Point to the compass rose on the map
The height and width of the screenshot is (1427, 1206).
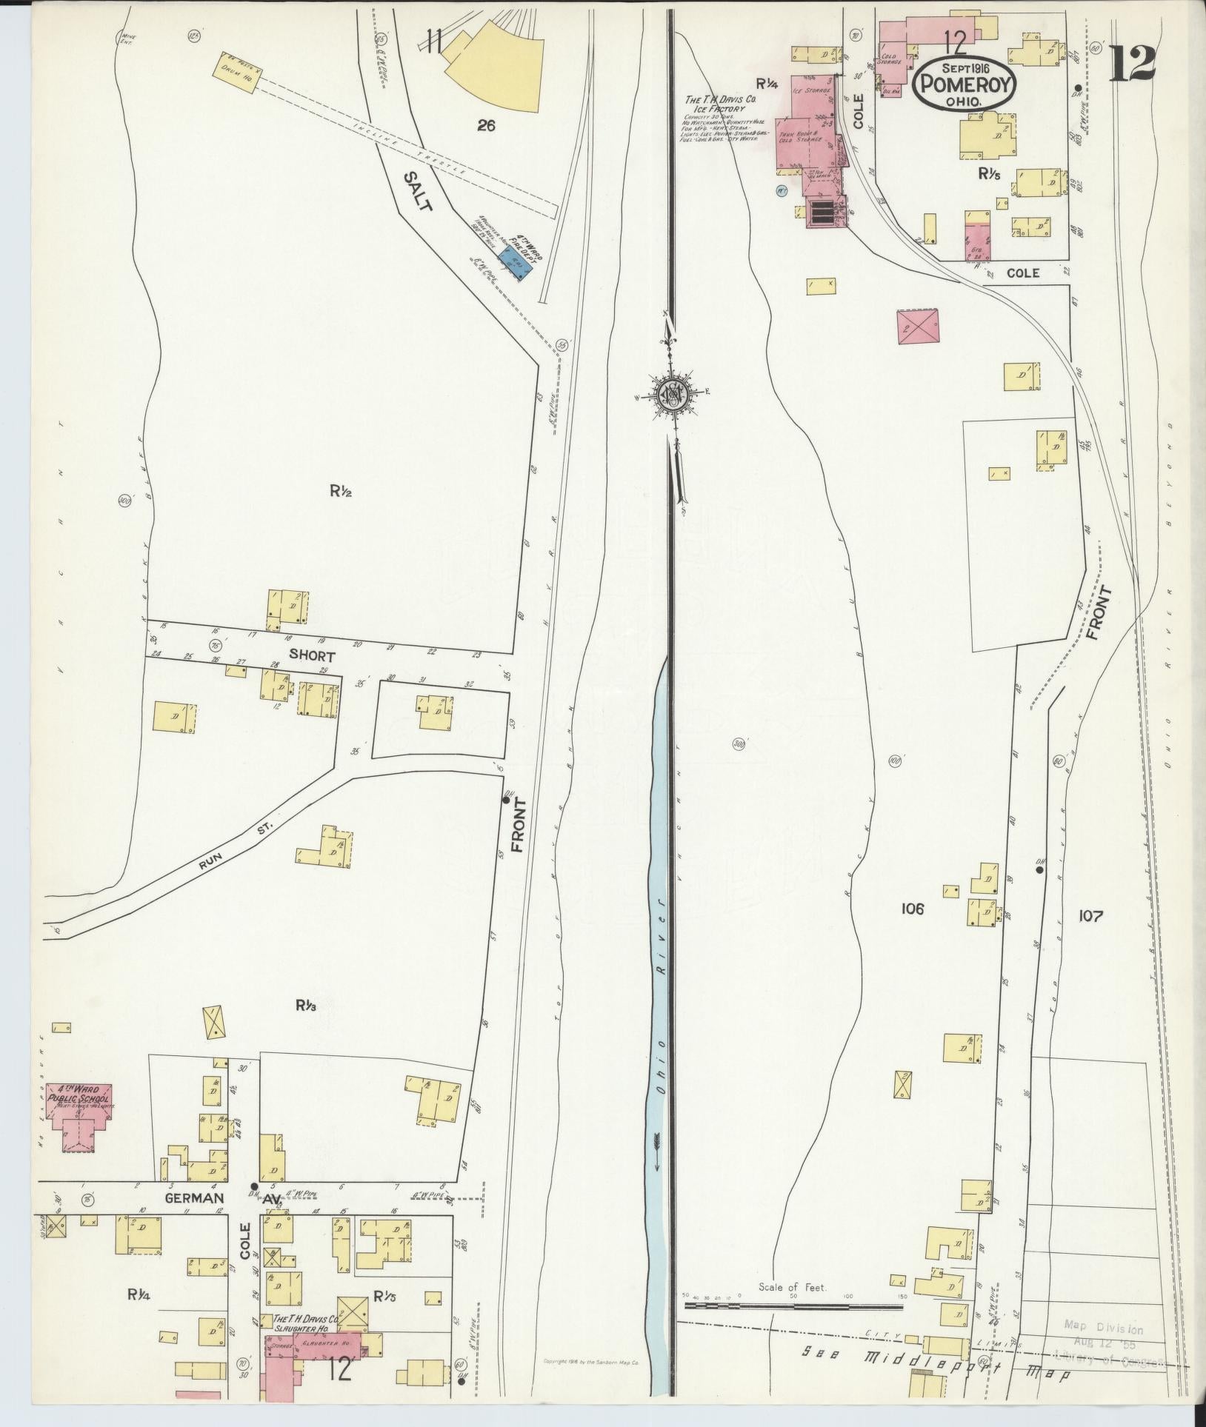pos(672,392)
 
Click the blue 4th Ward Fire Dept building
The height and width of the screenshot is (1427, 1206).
pos(516,264)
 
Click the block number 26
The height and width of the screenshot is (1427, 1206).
pos(486,126)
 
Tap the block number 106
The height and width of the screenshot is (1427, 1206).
pos(913,909)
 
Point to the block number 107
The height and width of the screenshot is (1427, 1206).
pos(1091,916)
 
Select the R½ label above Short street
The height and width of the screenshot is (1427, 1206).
pos(340,489)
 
